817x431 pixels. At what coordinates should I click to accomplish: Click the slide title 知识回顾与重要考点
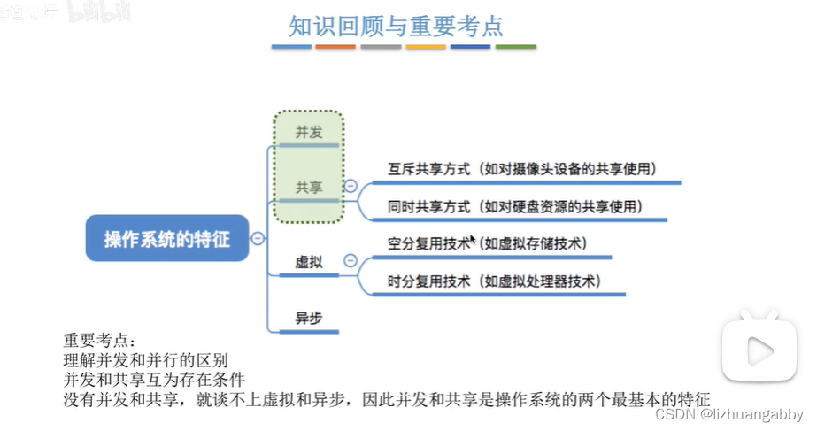(x=409, y=24)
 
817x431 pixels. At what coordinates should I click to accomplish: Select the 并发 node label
(x=309, y=133)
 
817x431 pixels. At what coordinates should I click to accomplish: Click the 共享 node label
(x=309, y=188)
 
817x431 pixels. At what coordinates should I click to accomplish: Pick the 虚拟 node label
(x=308, y=262)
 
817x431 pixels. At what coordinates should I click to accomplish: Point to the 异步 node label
(x=308, y=319)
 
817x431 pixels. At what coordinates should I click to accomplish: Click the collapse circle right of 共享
(x=351, y=187)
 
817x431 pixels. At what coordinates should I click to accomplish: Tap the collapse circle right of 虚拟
(x=351, y=261)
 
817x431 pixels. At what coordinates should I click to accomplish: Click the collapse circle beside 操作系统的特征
(x=258, y=238)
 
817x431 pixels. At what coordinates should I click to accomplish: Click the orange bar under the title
(x=335, y=46)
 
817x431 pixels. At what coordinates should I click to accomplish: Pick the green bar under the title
(x=515, y=46)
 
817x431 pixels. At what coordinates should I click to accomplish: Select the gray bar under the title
(x=381, y=46)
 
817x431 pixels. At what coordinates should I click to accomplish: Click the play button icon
(x=759, y=354)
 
